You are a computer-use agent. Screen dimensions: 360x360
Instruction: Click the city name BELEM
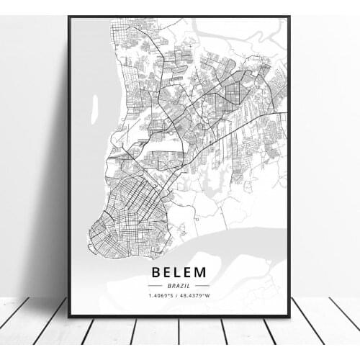179,273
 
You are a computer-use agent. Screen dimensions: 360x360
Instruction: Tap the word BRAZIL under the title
179,286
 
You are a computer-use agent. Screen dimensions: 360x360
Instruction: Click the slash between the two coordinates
179,296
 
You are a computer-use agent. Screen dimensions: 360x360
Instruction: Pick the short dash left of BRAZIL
157,286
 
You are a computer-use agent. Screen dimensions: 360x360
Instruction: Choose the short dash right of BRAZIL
202,286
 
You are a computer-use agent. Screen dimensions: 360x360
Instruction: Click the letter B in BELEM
157,273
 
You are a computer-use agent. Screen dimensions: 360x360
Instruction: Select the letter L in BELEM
179,273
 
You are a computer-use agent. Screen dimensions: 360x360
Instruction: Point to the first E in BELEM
168,273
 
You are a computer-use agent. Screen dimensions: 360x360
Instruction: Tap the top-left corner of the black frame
68,17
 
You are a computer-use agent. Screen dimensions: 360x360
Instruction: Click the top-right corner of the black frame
289,17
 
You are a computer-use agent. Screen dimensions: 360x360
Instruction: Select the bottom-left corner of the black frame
68,317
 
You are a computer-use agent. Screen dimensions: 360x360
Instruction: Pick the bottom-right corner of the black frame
289,317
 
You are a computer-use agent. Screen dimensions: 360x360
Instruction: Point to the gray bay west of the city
86,144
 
